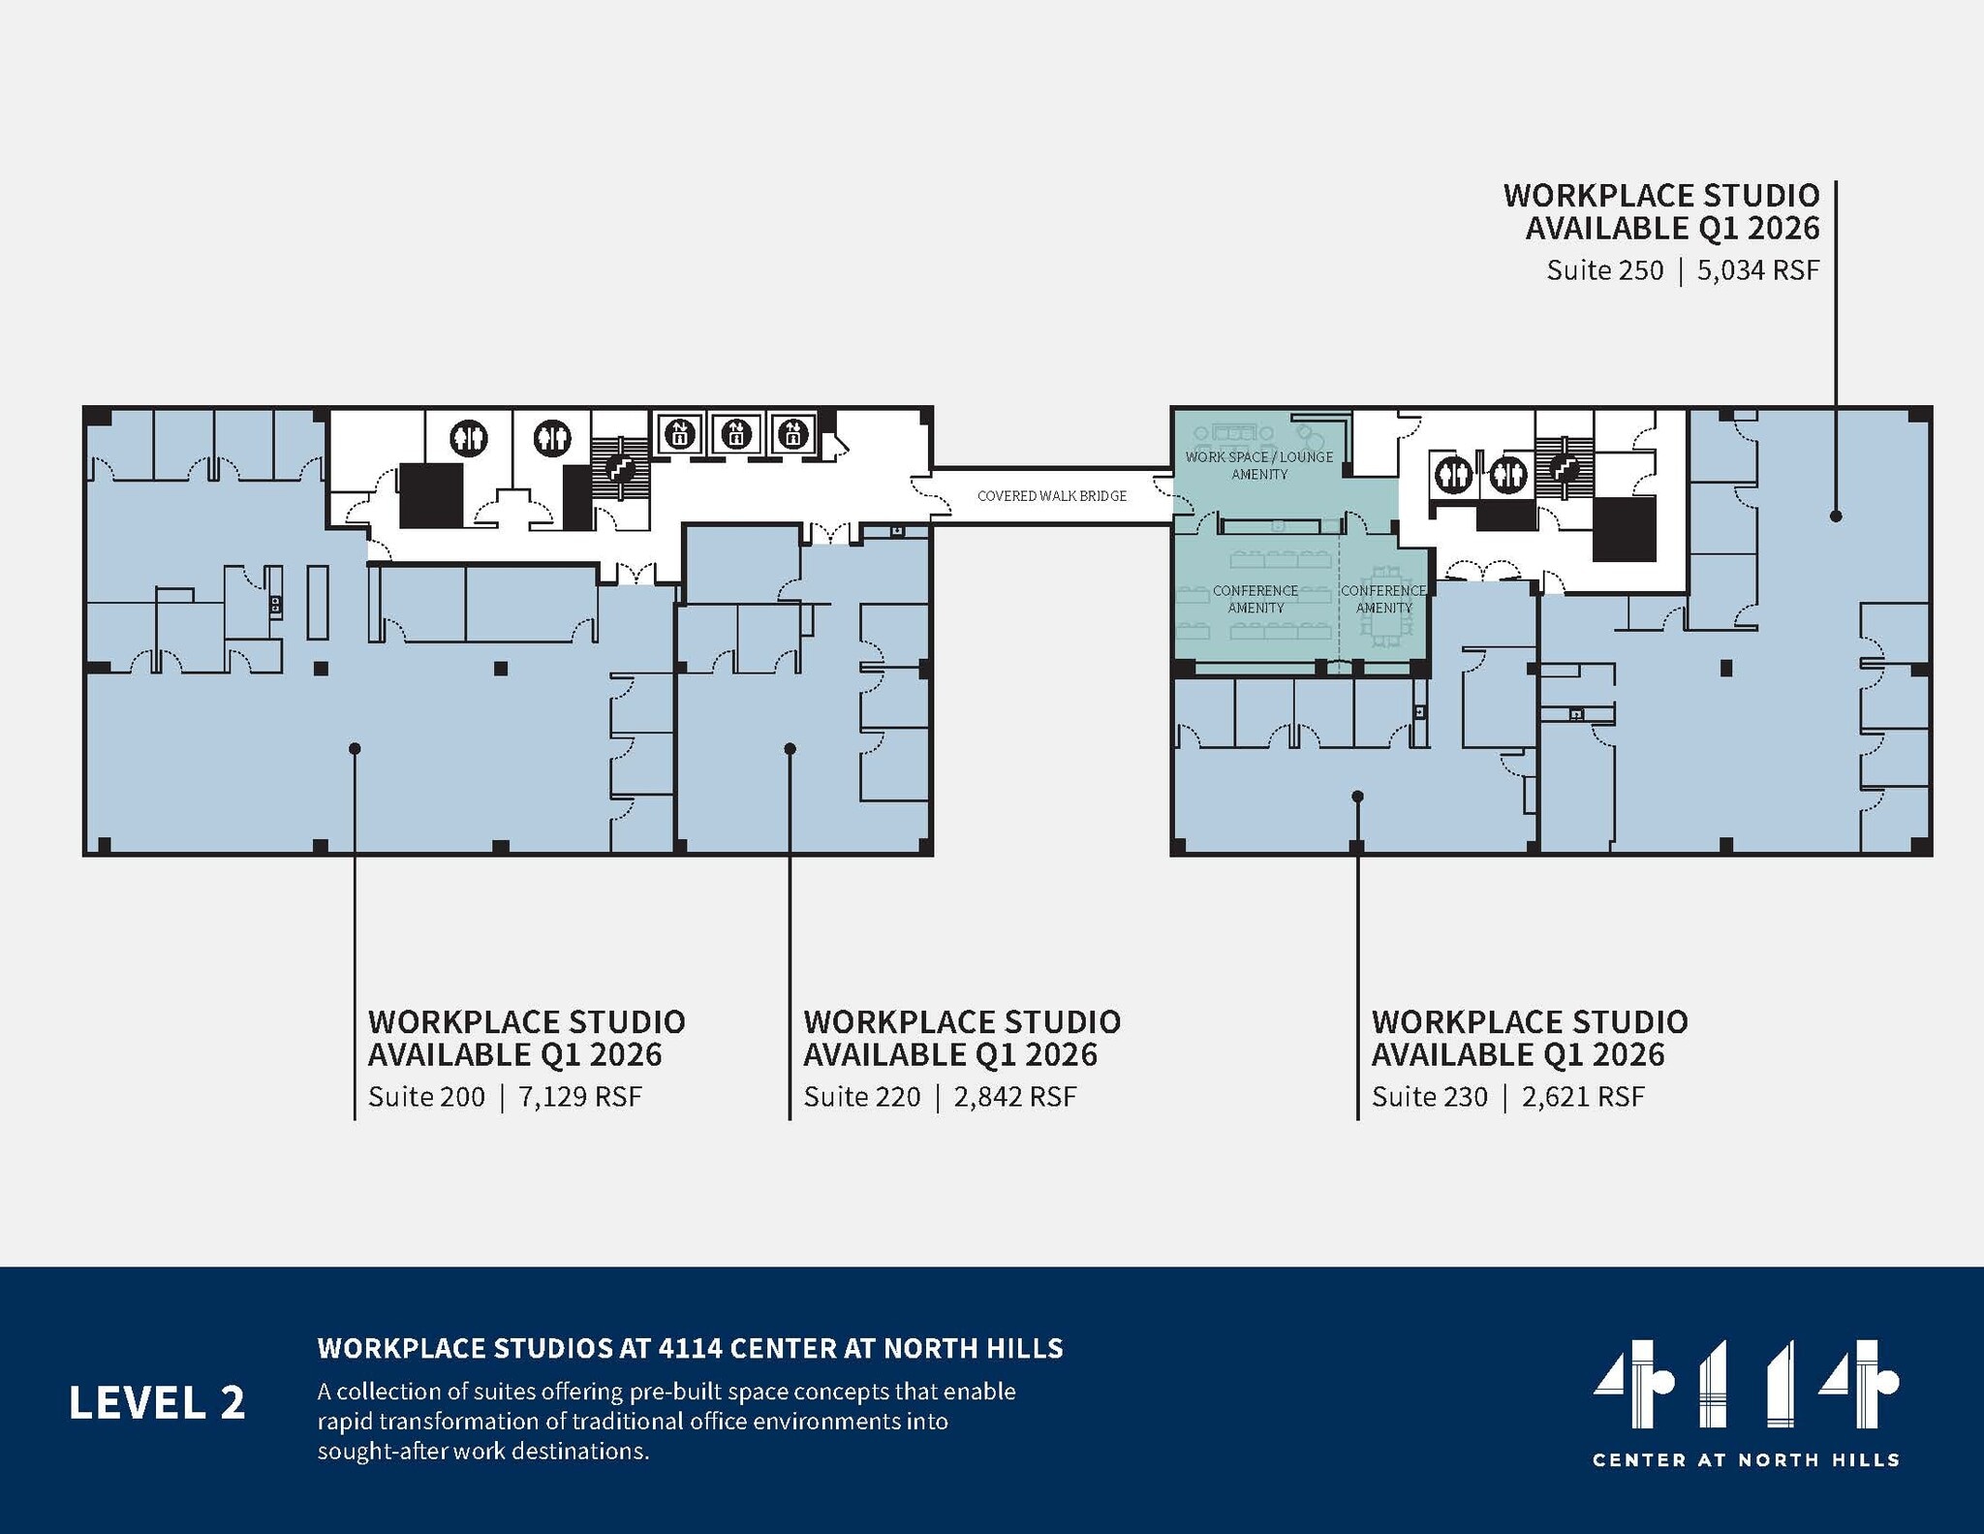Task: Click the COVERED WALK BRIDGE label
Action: coord(1051,496)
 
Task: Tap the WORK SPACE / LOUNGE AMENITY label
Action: coord(1259,465)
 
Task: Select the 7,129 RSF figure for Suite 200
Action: coord(580,1097)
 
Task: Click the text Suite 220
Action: coord(861,1097)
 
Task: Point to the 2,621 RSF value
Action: coord(1583,1097)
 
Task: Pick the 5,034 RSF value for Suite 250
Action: coord(1757,270)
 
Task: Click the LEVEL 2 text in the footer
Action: coord(157,1403)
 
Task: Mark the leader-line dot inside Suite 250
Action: coord(1836,517)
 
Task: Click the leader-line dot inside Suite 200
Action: coord(355,749)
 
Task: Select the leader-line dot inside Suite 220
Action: coord(790,749)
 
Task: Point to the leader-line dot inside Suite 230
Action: coord(1357,797)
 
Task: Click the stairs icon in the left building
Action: coord(620,468)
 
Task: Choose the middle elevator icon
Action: coord(736,432)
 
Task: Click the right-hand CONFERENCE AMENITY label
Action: coord(1383,599)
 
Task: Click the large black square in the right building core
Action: coord(1624,529)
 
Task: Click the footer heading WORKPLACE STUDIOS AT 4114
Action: coord(690,1349)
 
